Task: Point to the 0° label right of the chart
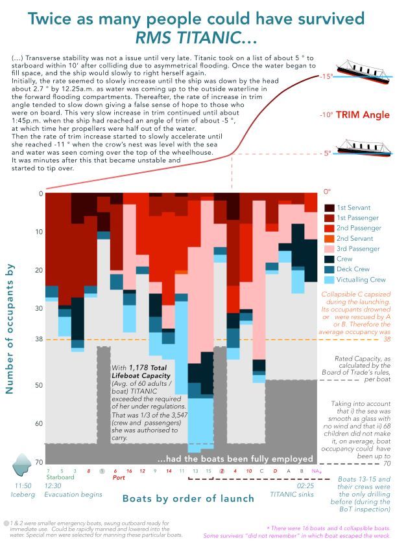[328, 192]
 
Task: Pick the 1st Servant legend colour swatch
[329, 208]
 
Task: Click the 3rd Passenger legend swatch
[329, 249]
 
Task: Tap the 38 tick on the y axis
[38, 339]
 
